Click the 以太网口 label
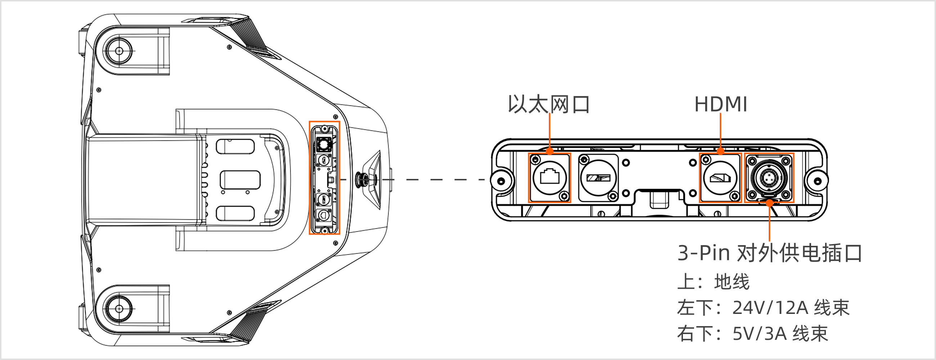(549, 104)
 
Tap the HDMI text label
(720, 104)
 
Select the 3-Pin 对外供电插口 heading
(770, 253)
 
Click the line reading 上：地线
(713, 282)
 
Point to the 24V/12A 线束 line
(763, 308)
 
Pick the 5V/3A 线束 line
(752, 333)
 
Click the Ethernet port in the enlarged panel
(549, 177)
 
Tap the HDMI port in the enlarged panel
(720, 177)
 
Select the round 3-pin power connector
(769, 177)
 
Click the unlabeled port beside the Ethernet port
(598, 177)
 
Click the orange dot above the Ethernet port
(550, 151)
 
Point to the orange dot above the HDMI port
(720, 151)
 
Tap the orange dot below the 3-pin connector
(769, 203)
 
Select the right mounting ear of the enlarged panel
(817, 181)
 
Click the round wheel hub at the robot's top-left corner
(119, 51)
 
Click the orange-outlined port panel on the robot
(324, 177)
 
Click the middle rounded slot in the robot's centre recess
(240, 180)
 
